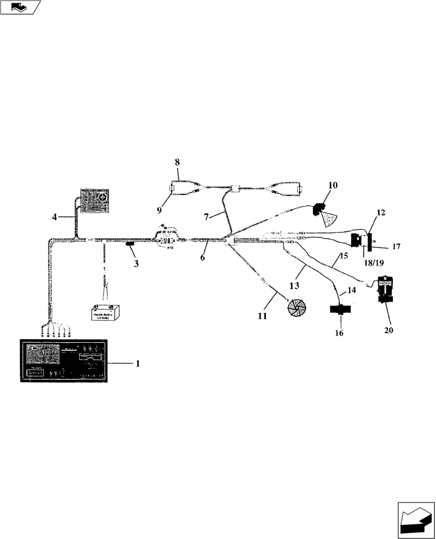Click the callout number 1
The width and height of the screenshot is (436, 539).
pyautogui.click(x=138, y=364)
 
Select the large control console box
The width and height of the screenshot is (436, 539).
pyautogui.click(x=64, y=361)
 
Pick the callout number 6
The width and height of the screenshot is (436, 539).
pyautogui.click(x=202, y=258)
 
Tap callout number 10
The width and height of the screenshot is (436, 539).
pyautogui.click(x=333, y=185)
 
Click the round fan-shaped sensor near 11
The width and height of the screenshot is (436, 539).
pyautogui.click(x=296, y=307)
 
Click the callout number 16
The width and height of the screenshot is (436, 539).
pyautogui.click(x=339, y=334)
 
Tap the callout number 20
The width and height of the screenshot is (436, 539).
pyautogui.click(x=389, y=330)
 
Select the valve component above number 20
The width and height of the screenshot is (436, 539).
pyautogui.click(x=386, y=291)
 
